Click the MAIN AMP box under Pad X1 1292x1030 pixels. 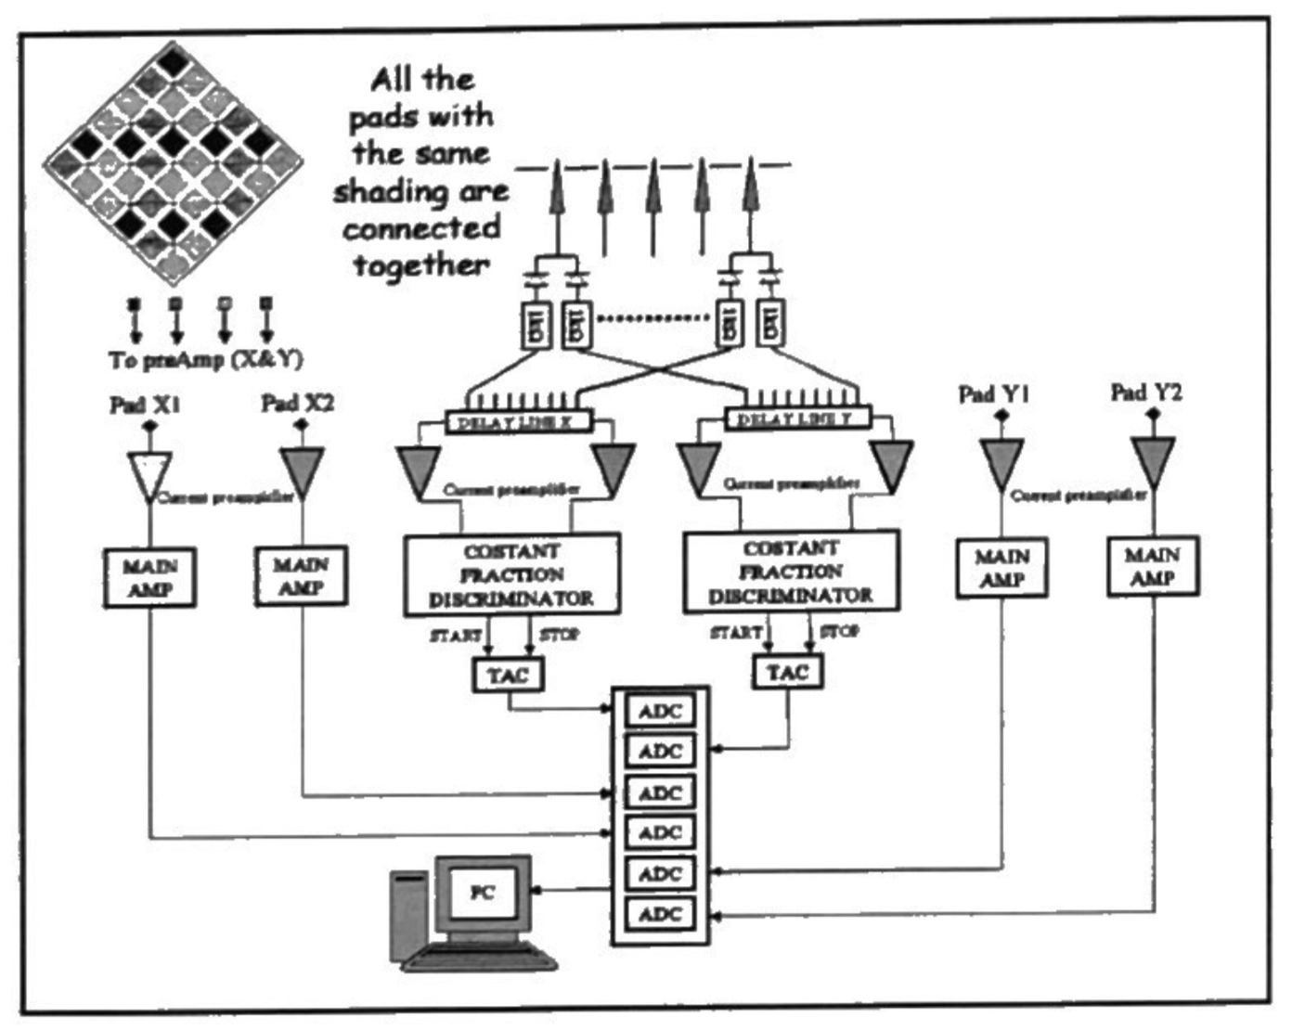(149, 577)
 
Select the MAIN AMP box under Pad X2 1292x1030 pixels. (301, 575)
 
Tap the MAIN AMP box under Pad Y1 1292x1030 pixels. (1001, 568)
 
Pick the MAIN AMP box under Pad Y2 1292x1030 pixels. (1153, 566)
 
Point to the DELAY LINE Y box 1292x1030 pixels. (796, 419)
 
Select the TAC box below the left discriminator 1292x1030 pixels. (509, 675)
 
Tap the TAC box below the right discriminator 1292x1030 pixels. (787, 672)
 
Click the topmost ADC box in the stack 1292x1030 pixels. (660, 712)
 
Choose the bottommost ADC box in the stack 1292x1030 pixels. (660, 914)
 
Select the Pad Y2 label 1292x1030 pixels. (1146, 393)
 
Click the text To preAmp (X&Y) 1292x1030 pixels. (205, 360)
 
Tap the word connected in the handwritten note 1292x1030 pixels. (421, 228)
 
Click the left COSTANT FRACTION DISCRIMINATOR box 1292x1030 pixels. (511, 574)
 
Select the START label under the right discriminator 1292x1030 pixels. (735, 632)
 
